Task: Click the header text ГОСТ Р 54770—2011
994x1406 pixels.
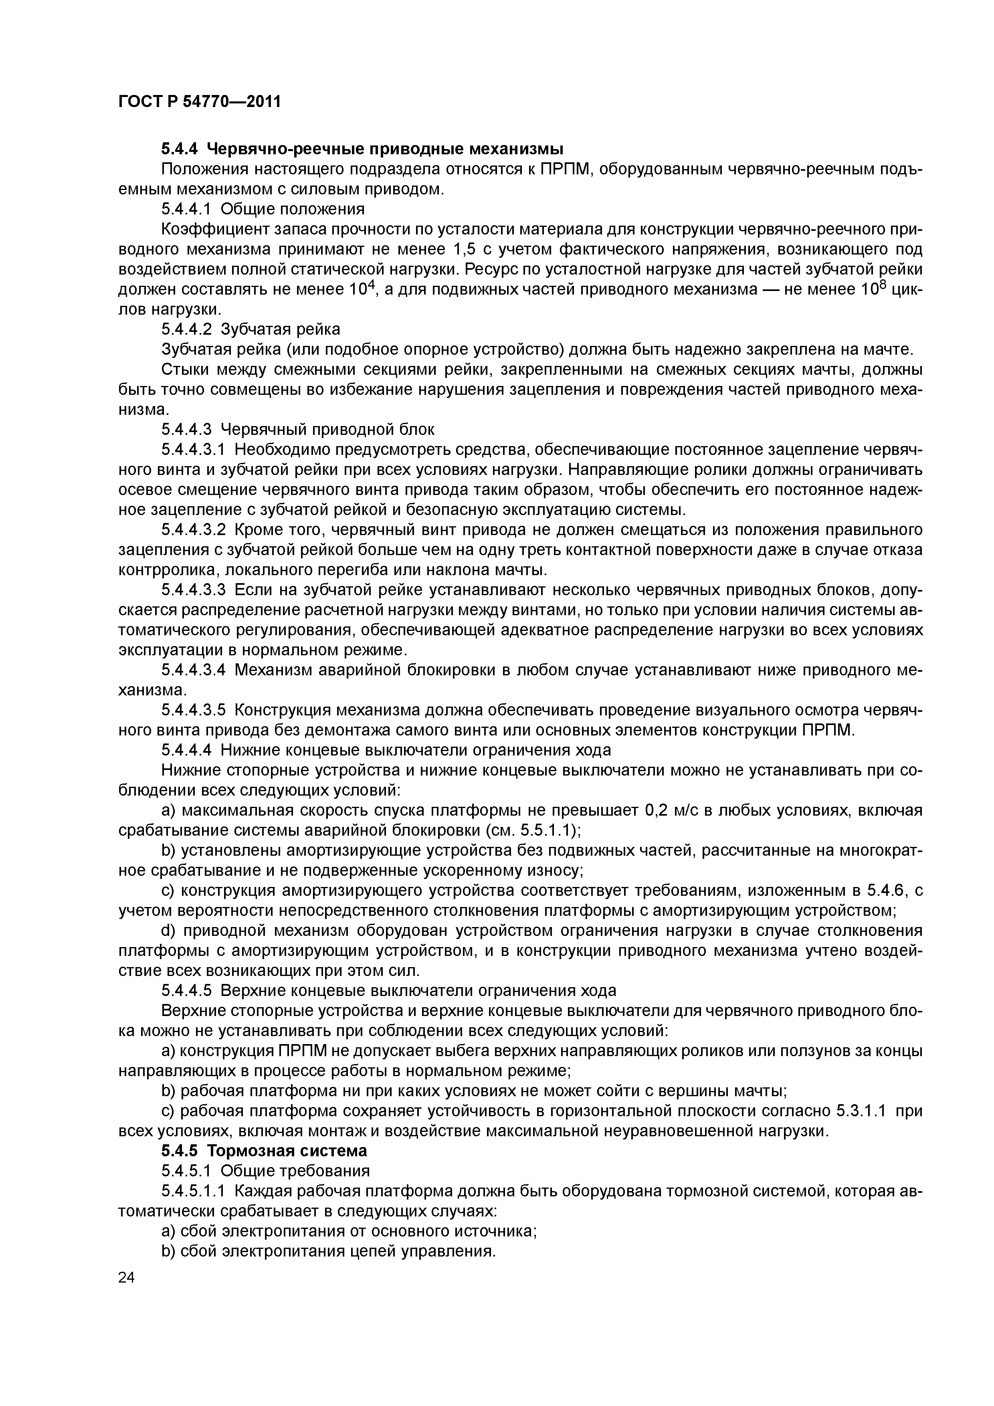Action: click(200, 101)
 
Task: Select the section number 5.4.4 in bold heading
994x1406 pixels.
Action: click(181, 149)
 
